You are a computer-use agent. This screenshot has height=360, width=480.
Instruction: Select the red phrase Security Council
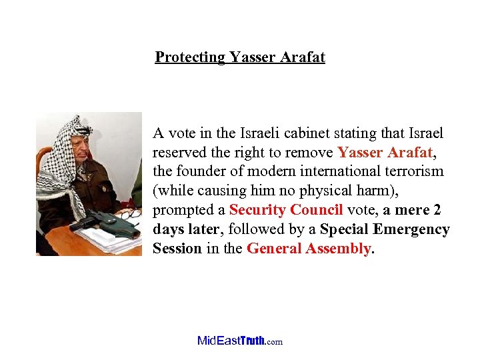[x=286, y=211]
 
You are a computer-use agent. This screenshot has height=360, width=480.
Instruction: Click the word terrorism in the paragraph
[x=414, y=172]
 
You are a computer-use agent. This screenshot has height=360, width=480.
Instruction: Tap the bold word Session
[x=177, y=249]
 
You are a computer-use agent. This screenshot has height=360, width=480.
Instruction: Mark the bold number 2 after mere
[x=437, y=211]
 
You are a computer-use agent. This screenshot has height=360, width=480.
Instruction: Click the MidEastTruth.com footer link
[x=240, y=341]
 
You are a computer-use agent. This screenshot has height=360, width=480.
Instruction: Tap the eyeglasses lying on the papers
[x=131, y=214]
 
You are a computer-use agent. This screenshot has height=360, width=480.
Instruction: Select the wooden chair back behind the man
[x=43, y=159]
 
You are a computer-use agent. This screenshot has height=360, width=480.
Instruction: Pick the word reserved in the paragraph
[x=179, y=153]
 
